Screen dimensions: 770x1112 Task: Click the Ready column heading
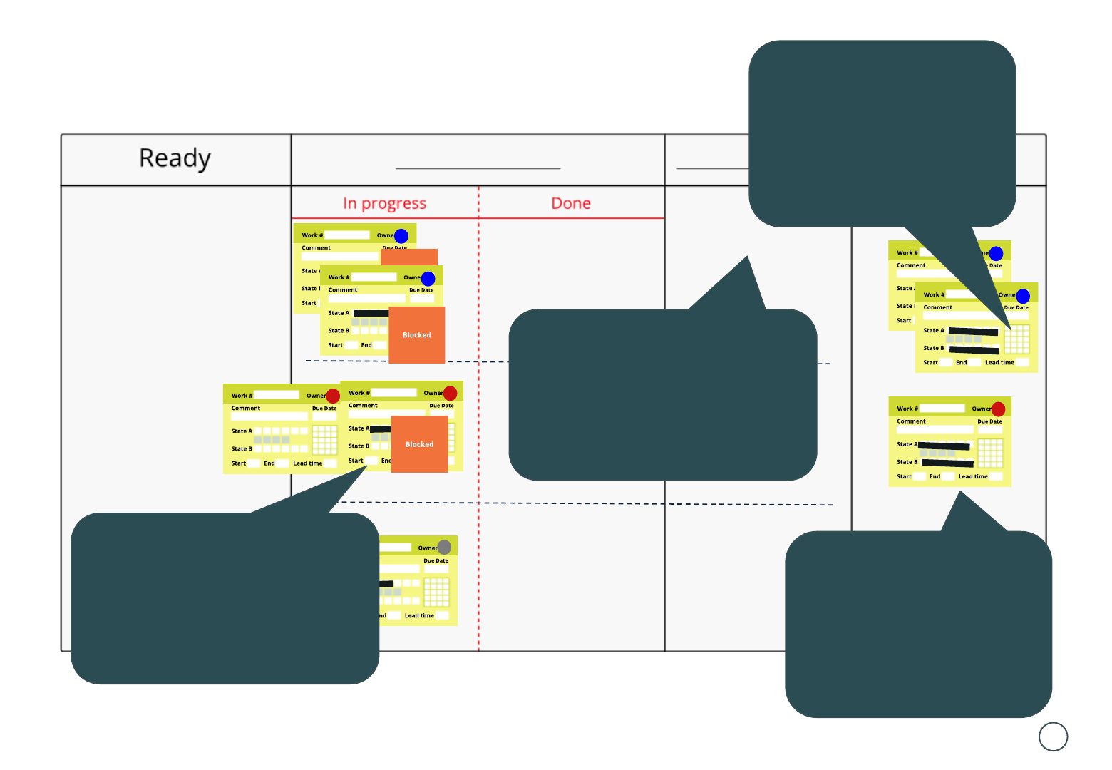(x=175, y=158)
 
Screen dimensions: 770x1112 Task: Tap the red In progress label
(x=384, y=204)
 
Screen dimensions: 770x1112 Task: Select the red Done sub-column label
(x=571, y=204)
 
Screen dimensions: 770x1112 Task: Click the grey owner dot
(x=444, y=547)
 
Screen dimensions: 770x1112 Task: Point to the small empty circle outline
(x=1053, y=736)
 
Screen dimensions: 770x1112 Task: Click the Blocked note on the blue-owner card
(x=417, y=335)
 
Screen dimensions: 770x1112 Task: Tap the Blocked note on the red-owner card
(x=419, y=444)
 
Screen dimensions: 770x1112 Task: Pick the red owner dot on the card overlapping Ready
(x=333, y=396)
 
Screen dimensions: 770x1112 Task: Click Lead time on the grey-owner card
(x=419, y=615)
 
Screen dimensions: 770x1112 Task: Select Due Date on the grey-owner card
(x=436, y=560)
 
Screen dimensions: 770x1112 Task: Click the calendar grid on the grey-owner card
(x=436, y=591)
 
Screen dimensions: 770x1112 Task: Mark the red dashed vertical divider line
(x=479, y=428)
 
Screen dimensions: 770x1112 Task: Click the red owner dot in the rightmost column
(x=998, y=409)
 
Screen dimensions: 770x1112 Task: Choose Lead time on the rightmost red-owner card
(x=972, y=476)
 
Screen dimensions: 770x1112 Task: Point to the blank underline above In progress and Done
(x=478, y=168)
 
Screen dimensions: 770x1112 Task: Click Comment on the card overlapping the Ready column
(x=246, y=409)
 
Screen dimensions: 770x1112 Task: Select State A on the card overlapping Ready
(x=242, y=431)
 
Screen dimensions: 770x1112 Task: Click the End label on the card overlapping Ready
(x=269, y=463)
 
